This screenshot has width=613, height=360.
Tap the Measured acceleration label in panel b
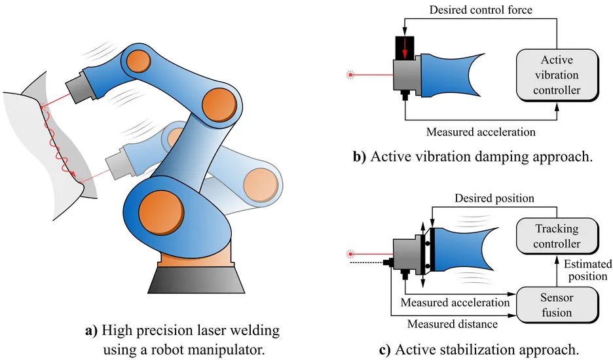(480, 132)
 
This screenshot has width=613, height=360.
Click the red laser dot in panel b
(351, 75)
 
